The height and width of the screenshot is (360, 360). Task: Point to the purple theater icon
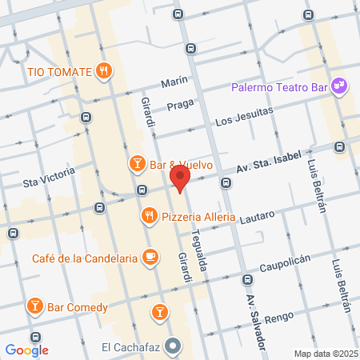pyautogui.click(x=339, y=85)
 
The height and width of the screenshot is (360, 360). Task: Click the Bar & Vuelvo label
pyautogui.click(x=181, y=165)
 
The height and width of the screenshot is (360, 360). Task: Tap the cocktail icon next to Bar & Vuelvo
pyautogui.click(x=137, y=164)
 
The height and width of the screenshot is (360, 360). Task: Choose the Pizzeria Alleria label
pyautogui.click(x=198, y=217)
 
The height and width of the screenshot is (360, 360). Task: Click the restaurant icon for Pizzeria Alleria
pyautogui.click(x=149, y=216)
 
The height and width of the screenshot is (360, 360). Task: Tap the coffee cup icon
pyautogui.click(x=149, y=257)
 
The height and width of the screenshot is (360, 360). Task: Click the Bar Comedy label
pyautogui.click(x=77, y=306)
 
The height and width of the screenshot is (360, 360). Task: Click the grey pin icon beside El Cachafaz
pyautogui.click(x=175, y=346)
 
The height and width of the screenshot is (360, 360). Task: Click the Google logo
pyautogui.click(x=26, y=350)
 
